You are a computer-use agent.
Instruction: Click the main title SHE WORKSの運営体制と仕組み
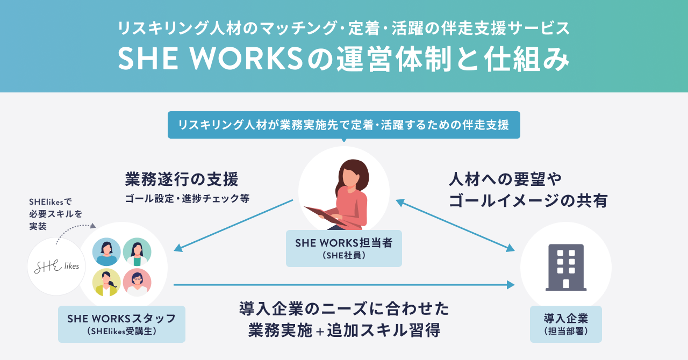[x=343, y=59]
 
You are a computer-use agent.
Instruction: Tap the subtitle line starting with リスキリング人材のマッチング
[x=343, y=27]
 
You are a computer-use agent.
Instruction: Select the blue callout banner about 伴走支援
[x=343, y=125]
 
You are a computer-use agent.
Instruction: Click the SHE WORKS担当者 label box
[x=343, y=248]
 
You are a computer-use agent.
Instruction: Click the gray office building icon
[x=565, y=267]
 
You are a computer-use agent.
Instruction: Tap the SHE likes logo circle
[x=56, y=267]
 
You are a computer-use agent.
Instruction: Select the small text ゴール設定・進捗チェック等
[x=187, y=198]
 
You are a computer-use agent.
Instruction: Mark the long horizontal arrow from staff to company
[x=344, y=285]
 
